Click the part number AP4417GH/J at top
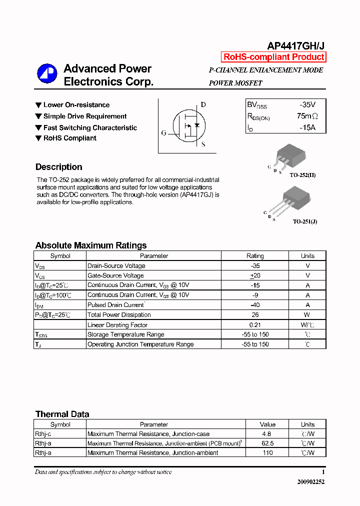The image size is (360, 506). (295, 45)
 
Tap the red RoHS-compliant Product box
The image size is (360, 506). (273, 57)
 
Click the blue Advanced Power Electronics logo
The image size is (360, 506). (47, 73)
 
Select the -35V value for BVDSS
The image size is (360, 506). (307, 105)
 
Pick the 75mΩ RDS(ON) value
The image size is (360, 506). (307, 116)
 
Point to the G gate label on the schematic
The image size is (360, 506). (163, 133)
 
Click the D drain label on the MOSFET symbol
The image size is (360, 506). (203, 104)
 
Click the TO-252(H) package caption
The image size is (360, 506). (302, 175)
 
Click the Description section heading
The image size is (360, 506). (59, 167)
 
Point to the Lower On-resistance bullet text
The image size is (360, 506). (76, 105)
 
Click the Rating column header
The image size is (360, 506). (255, 256)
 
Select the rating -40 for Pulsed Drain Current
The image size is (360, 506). (255, 305)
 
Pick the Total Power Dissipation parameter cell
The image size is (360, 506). (119, 315)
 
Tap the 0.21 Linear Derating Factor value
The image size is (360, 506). (255, 325)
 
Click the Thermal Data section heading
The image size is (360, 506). (62, 414)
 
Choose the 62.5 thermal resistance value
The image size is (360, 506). (267, 443)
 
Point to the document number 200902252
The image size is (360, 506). (310, 482)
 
